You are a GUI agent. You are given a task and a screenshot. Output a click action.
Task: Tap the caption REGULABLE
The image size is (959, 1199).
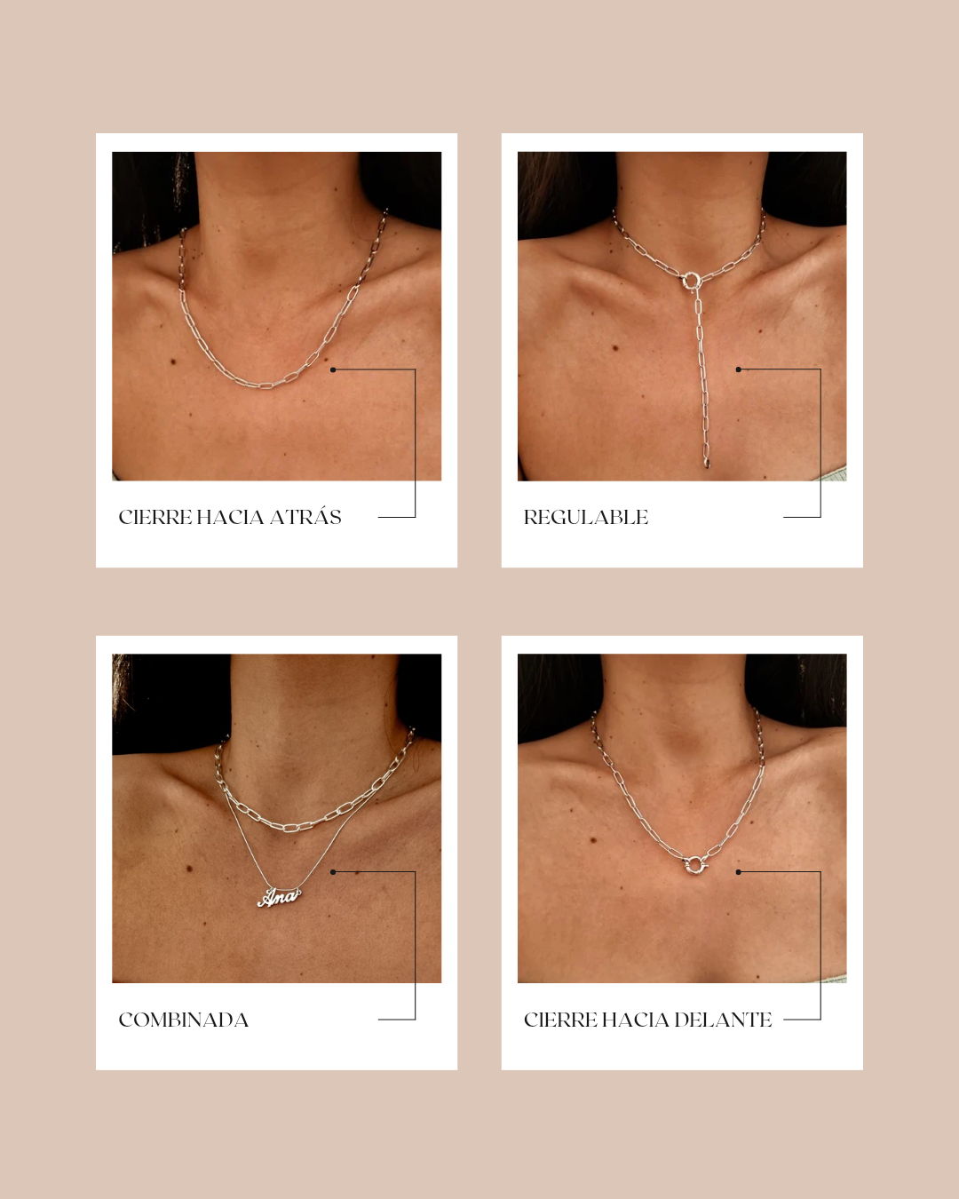(586, 518)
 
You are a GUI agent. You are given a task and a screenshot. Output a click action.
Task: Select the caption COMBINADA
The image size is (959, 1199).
(183, 1020)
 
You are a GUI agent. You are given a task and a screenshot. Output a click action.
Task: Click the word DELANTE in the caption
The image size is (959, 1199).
(723, 1020)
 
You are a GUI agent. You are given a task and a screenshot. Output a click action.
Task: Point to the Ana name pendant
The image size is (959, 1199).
(279, 898)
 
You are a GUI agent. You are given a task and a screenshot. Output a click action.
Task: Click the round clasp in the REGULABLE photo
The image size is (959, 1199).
(691, 280)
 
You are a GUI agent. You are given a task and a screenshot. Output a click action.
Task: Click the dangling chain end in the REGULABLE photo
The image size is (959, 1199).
(707, 463)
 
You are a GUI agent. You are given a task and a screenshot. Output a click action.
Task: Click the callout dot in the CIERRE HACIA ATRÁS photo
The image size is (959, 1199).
(333, 369)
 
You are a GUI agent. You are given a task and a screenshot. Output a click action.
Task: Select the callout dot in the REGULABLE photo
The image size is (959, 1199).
(738, 369)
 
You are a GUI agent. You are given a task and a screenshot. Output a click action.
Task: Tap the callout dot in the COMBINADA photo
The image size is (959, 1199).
(333, 872)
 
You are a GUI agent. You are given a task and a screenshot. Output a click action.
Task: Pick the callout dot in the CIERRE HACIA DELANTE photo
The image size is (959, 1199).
(738, 872)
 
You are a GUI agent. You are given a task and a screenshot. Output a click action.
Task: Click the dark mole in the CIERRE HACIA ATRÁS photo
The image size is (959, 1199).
(174, 362)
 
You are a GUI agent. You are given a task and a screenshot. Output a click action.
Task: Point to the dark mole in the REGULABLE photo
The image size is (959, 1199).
(615, 348)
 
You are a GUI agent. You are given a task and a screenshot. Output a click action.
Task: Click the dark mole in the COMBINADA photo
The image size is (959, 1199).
(189, 869)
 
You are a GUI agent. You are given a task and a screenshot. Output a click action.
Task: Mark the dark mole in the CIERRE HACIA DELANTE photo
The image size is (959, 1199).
(593, 839)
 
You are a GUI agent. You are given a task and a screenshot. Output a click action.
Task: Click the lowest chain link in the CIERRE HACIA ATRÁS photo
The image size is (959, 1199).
(266, 385)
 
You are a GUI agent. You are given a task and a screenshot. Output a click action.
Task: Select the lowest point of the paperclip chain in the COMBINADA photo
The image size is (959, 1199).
(291, 829)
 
